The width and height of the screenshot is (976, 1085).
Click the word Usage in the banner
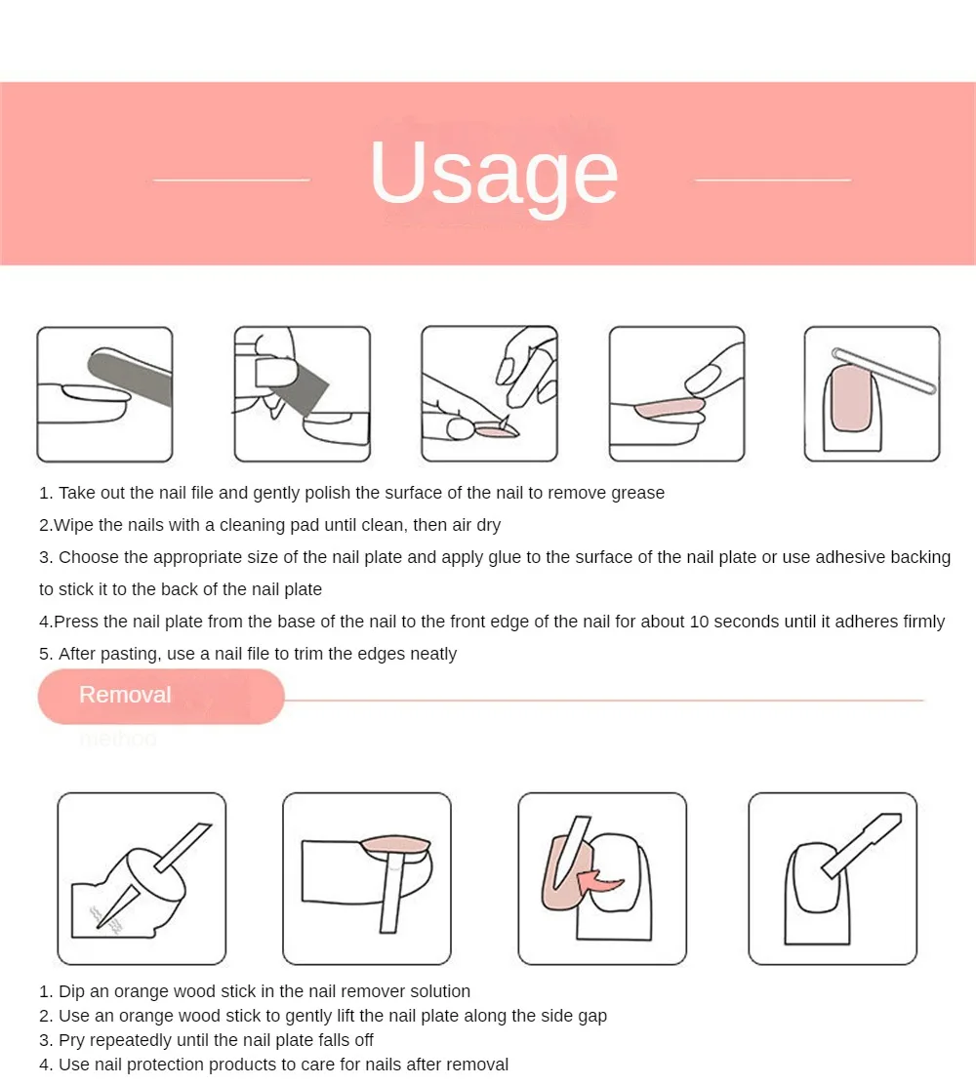(x=494, y=173)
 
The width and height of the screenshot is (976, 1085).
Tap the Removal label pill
(x=161, y=696)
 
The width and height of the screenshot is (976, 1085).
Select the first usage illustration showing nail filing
(x=104, y=394)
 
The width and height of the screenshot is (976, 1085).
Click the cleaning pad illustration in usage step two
(x=303, y=394)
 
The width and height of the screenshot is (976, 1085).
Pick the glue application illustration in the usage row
(x=489, y=394)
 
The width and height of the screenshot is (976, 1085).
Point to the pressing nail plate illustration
(x=677, y=394)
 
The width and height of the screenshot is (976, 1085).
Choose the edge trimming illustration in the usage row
(x=873, y=394)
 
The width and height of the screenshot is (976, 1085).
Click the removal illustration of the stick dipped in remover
(x=142, y=879)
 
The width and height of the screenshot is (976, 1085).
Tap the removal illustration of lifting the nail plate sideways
(x=367, y=879)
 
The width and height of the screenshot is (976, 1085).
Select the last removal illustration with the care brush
(x=833, y=879)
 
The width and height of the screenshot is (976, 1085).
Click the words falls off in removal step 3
(x=346, y=1040)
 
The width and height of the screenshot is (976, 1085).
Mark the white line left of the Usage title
(x=231, y=180)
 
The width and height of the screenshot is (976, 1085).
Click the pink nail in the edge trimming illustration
(x=851, y=398)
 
